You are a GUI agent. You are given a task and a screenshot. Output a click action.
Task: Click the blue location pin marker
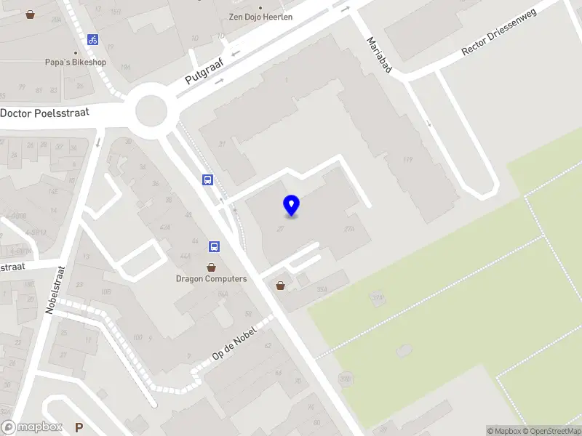[292, 206]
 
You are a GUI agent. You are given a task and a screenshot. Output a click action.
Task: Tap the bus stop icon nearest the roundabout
[208, 179]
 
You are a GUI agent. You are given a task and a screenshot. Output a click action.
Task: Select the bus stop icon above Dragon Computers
[215, 247]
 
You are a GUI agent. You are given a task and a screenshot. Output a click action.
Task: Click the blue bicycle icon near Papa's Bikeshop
[92, 40]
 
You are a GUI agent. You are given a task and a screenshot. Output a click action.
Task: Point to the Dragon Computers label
[211, 278]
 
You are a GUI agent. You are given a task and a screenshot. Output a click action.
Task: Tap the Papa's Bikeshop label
[75, 62]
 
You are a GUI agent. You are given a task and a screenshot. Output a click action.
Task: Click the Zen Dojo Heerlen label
[260, 17]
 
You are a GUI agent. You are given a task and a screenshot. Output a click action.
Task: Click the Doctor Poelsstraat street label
[54, 113]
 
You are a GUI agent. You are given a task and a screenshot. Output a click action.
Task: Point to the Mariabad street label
[380, 54]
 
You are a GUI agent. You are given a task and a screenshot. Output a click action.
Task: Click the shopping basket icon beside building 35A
[280, 286]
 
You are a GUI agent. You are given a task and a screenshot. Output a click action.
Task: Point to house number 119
[407, 160]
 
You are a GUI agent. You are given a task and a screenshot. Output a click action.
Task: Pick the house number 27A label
[350, 230]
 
